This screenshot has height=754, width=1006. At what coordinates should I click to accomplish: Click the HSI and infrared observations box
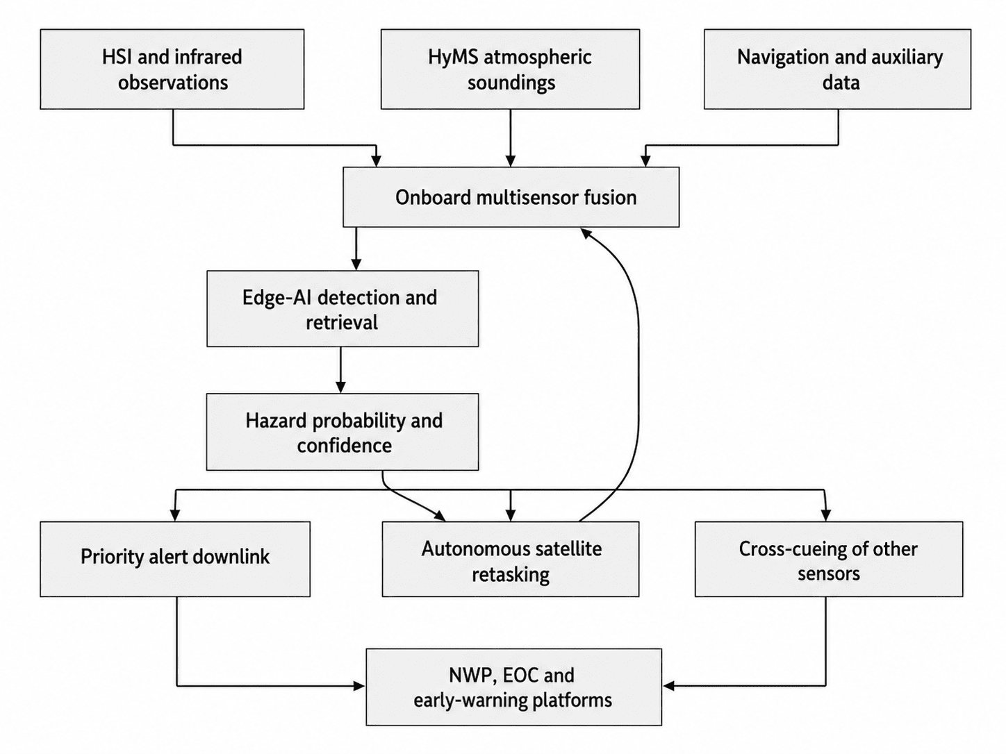coord(172,69)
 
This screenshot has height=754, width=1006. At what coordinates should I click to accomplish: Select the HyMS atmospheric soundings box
coord(510,69)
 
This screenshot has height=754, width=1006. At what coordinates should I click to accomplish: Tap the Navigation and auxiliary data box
coord(837,69)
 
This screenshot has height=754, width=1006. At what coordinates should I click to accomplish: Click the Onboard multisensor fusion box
coord(511,197)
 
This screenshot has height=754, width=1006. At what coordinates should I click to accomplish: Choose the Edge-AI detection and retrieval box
coord(343,308)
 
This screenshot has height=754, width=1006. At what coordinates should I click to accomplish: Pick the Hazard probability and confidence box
coord(343,432)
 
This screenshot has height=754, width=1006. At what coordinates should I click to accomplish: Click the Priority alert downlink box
coord(175,559)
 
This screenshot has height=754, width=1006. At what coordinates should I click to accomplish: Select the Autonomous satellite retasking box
coord(511,559)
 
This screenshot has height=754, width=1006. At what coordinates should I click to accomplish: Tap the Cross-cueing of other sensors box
coord(829,559)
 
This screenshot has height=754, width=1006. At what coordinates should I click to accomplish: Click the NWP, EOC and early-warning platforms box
coord(514,687)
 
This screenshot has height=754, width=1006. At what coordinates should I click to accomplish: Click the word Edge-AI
coord(275,298)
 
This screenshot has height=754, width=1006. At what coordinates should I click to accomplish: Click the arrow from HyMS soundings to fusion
coord(510,137)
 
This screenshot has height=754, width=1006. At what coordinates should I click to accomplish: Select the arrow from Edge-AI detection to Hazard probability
coord(340,370)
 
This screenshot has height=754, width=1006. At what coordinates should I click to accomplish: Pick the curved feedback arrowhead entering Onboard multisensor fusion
coord(586,233)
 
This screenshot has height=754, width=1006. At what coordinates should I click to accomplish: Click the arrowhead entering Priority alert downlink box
coord(175,515)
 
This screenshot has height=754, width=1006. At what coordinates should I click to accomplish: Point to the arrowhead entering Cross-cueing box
coord(826,515)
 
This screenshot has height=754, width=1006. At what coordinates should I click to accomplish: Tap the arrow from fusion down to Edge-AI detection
coord(356,249)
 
